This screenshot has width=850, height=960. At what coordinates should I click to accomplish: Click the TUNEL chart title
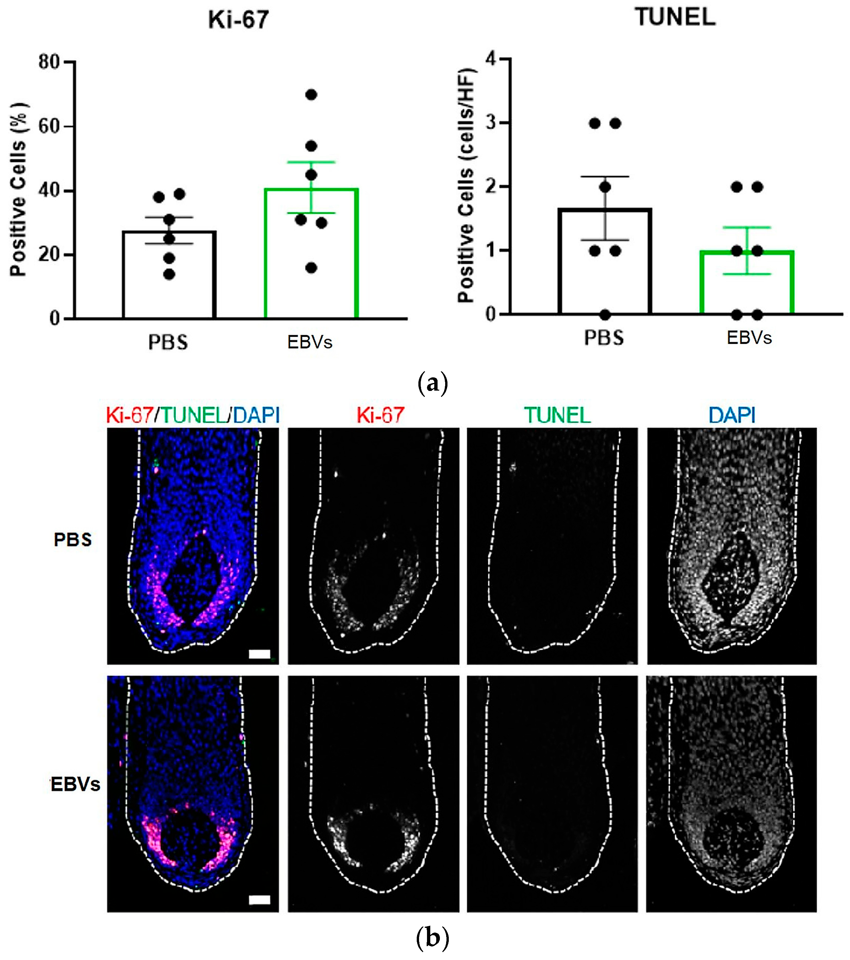pyautogui.click(x=675, y=17)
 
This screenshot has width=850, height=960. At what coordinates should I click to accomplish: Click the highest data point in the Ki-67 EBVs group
pyautogui.click(x=311, y=95)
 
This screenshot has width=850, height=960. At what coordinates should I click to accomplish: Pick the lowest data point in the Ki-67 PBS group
pyautogui.click(x=169, y=274)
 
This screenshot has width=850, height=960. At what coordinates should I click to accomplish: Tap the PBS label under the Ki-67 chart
pyautogui.click(x=168, y=342)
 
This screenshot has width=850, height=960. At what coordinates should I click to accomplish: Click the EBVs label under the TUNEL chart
pyautogui.click(x=749, y=338)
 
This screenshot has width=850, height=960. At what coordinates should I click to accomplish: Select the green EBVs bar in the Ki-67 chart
pyautogui.click(x=311, y=253)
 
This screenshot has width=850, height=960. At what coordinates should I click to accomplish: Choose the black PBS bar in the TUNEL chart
pyautogui.click(x=605, y=261)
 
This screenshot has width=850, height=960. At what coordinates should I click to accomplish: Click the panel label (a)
pyautogui.click(x=432, y=383)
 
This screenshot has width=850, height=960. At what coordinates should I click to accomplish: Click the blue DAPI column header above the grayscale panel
pyautogui.click(x=732, y=415)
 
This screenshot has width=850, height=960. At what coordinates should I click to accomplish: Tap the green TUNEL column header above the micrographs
pyautogui.click(x=557, y=415)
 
